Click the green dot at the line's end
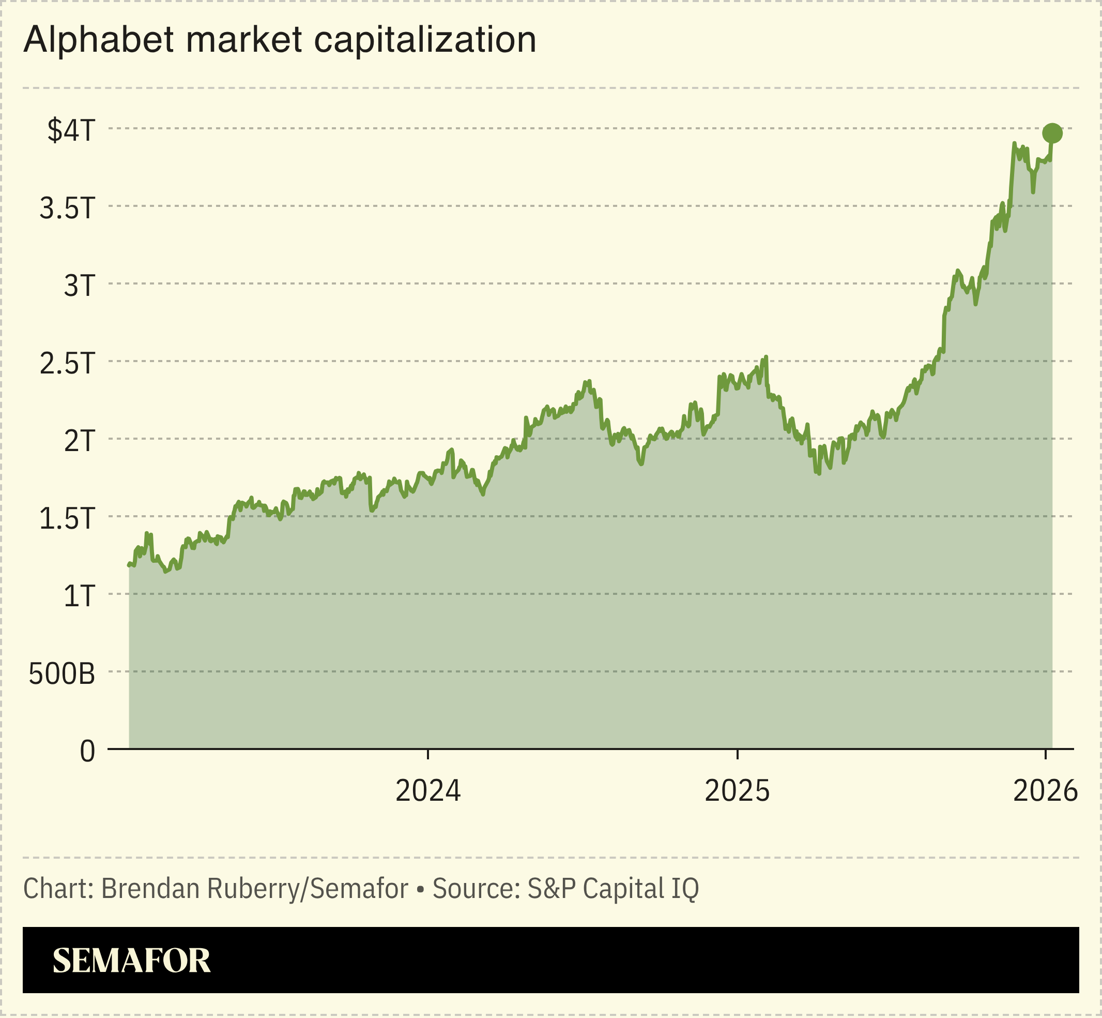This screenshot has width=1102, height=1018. pos(1052,133)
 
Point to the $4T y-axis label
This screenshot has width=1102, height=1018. pos(71,130)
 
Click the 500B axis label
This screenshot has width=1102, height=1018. pos(62,673)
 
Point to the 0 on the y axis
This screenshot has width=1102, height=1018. pos(87,752)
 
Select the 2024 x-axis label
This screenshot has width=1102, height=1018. pos(427,791)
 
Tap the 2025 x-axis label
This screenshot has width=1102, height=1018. pos(737,791)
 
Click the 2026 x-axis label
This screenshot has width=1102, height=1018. pos(1045,791)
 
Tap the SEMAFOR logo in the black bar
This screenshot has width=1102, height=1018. pos(132,961)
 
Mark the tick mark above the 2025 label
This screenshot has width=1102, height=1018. pos(737,755)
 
